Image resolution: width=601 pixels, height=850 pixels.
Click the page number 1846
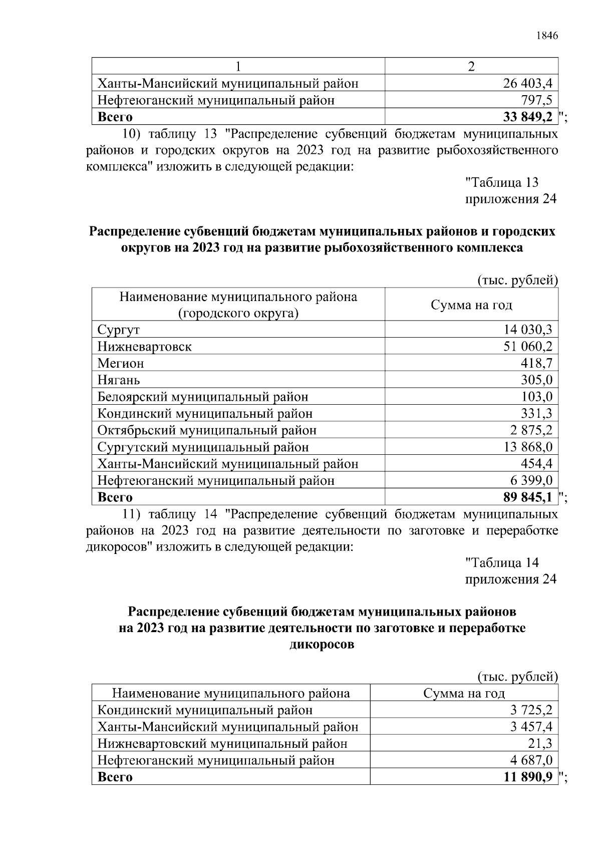pos(546,36)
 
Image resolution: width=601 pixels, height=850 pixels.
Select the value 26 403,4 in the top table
pos(527,83)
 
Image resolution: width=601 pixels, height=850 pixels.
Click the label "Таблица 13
pos(502,183)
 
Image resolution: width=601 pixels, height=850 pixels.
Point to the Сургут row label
pos(118,330)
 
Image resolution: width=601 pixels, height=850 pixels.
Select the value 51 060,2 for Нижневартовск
pos(527,347)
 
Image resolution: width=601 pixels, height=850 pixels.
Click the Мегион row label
pos(120,363)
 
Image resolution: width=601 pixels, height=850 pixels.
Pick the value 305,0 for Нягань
pos(536,380)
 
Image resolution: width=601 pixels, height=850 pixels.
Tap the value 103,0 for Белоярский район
pos(536,397)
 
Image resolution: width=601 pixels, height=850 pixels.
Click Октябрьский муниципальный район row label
pos(207,430)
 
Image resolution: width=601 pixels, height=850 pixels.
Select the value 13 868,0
pos(527,447)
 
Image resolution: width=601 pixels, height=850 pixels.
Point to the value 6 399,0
pos(531,481)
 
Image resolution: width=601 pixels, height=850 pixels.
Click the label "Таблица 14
pos(502,563)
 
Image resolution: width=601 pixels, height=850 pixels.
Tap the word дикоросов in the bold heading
pos(322,645)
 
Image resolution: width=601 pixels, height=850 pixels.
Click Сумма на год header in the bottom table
pos(464,694)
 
